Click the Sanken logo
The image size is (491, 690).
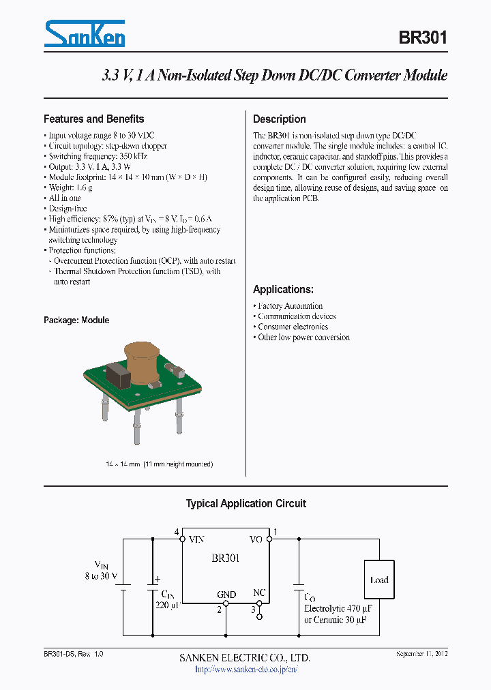(x=84, y=34)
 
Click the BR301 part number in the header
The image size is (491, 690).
(x=423, y=37)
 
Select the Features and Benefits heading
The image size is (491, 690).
(x=93, y=119)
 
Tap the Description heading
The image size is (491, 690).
(x=280, y=119)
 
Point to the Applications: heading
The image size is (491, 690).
(x=283, y=289)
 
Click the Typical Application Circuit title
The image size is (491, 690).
(x=246, y=504)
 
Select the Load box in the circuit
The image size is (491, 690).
(x=379, y=580)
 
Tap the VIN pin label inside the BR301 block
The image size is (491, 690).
(x=196, y=539)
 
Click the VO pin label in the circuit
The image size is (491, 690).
(x=256, y=539)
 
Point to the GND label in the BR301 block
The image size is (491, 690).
(x=226, y=595)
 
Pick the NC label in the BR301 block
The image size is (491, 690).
(x=259, y=592)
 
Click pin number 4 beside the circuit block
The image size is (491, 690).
(x=177, y=532)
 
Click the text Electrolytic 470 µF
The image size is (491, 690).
(x=338, y=607)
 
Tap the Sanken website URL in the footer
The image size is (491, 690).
(x=246, y=669)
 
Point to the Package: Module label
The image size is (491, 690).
(x=76, y=320)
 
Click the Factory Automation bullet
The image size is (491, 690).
(x=290, y=306)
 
